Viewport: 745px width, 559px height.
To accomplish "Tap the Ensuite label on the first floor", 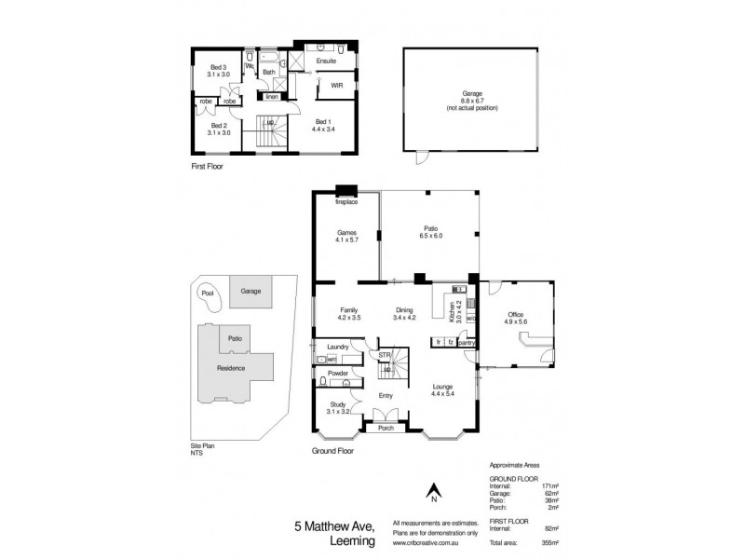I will coord(326,60).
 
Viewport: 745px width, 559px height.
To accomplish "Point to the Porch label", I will coord(385,428).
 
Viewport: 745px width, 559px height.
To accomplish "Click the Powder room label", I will coord(337,373).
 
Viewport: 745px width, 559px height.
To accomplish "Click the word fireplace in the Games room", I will coord(347,201).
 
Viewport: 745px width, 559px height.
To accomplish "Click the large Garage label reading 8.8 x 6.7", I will coord(472,98).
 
